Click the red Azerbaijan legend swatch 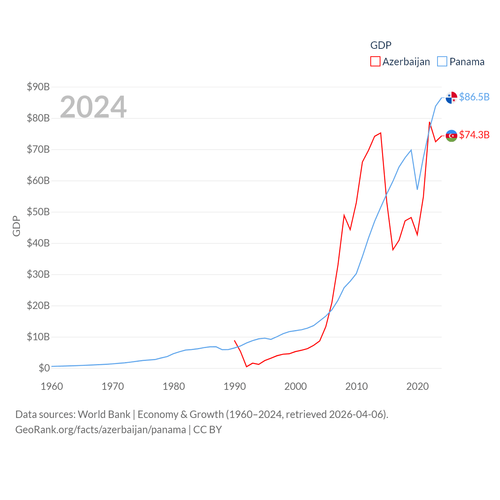pyautogui.click(x=375, y=62)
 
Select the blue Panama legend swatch pyautogui.click(x=442, y=62)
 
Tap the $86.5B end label pyautogui.click(x=474, y=97)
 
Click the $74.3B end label pyautogui.click(x=474, y=135)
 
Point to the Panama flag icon pyautogui.click(x=451, y=98)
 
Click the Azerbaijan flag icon pyautogui.click(x=451, y=136)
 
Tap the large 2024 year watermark pyautogui.click(x=93, y=107)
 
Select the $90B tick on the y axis pyautogui.click(x=38, y=87)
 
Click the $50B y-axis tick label pyautogui.click(x=38, y=212)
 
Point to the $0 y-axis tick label pyautogui.click(x=44, y=368)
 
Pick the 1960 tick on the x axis pyautogui.click(x=52, y=386)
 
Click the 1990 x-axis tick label pyautogui.click(x=235, y=386)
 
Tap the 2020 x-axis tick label pyautogui.click(x=418, y=386)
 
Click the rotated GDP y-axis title pyautogui.click(x=16, y=226)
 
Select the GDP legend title pyautogui.click(x=380, y=45)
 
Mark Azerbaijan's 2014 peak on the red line pyautogui.click(x=380, y=133)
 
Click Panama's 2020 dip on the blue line pyautogui.click(x=417, y=189)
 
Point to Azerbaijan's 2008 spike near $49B pyautogui.click(x=344, y=215)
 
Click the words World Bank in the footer pyautogui.click(x=104, y=414)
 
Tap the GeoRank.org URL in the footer pyautogui.click(x=101, y=430)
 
